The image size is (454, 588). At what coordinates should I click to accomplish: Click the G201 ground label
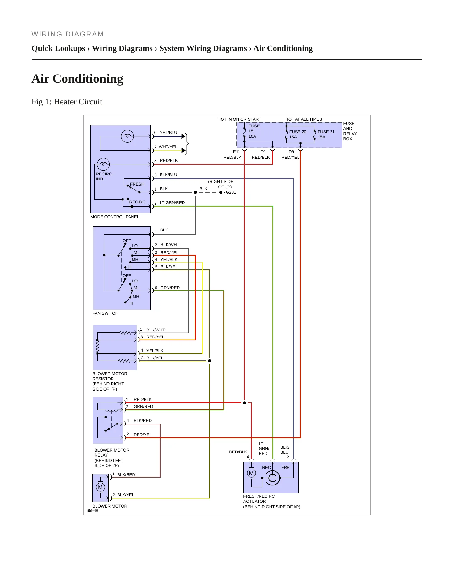[x=231, y=192]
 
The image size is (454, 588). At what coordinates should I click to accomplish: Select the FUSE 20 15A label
[x=298, y=134]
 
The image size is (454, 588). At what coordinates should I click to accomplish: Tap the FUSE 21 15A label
[x=326, y=134]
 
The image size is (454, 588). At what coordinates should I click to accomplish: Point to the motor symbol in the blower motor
[x=100, y=487]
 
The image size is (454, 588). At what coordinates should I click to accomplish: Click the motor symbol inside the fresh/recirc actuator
[x=251, y=473]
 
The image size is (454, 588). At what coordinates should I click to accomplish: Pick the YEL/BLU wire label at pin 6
[x=168, y=133]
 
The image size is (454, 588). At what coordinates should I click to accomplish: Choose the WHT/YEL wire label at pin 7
[x=168, y=147]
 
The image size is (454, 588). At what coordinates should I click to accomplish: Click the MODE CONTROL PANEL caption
[x=115, y=217]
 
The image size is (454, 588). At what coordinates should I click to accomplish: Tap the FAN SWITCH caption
[x=105, y=313]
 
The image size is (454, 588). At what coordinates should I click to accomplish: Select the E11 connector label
[x=237, y=152]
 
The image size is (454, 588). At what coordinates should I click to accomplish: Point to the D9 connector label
[x=291, y=152]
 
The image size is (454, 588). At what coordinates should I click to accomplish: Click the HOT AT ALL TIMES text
[x=304, y=119]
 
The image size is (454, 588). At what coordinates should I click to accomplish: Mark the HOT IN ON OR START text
[x=239, y=119]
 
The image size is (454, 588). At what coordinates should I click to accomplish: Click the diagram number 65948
[x=92, y=511]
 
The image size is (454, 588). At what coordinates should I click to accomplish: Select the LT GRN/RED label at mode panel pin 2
[x=172, y=203]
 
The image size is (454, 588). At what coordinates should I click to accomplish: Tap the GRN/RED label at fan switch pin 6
[x=170, y=288]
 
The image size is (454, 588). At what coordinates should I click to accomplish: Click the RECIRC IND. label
[x=104, y=177]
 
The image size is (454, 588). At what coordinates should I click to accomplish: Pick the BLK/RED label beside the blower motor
[x=126, y=475]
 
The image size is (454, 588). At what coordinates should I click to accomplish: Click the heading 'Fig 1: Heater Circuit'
[x=67, y=102]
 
